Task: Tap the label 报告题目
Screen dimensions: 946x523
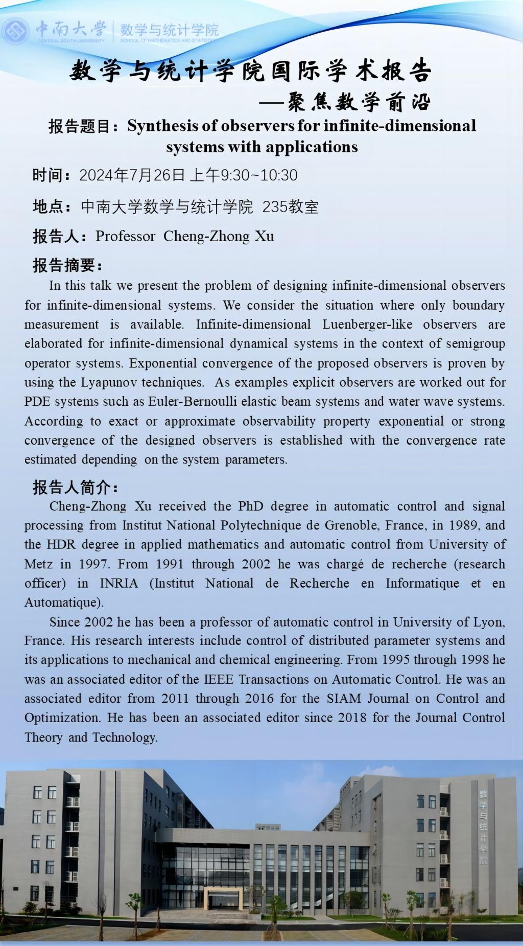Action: pyautogui.click(x=80, y=126)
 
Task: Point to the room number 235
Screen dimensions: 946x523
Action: pyautogui.click(x=275, y=207)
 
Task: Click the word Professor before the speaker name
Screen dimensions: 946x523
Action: pyautogui.click(x=125, y=236)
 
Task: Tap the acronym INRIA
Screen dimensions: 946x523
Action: pyautogui.click(x=118, y=583)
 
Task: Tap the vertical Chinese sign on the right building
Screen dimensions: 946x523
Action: pyautogui.click(x=483, y=828)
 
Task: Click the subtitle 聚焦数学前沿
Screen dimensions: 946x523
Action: pyautogui.click(x=360, y=102)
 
